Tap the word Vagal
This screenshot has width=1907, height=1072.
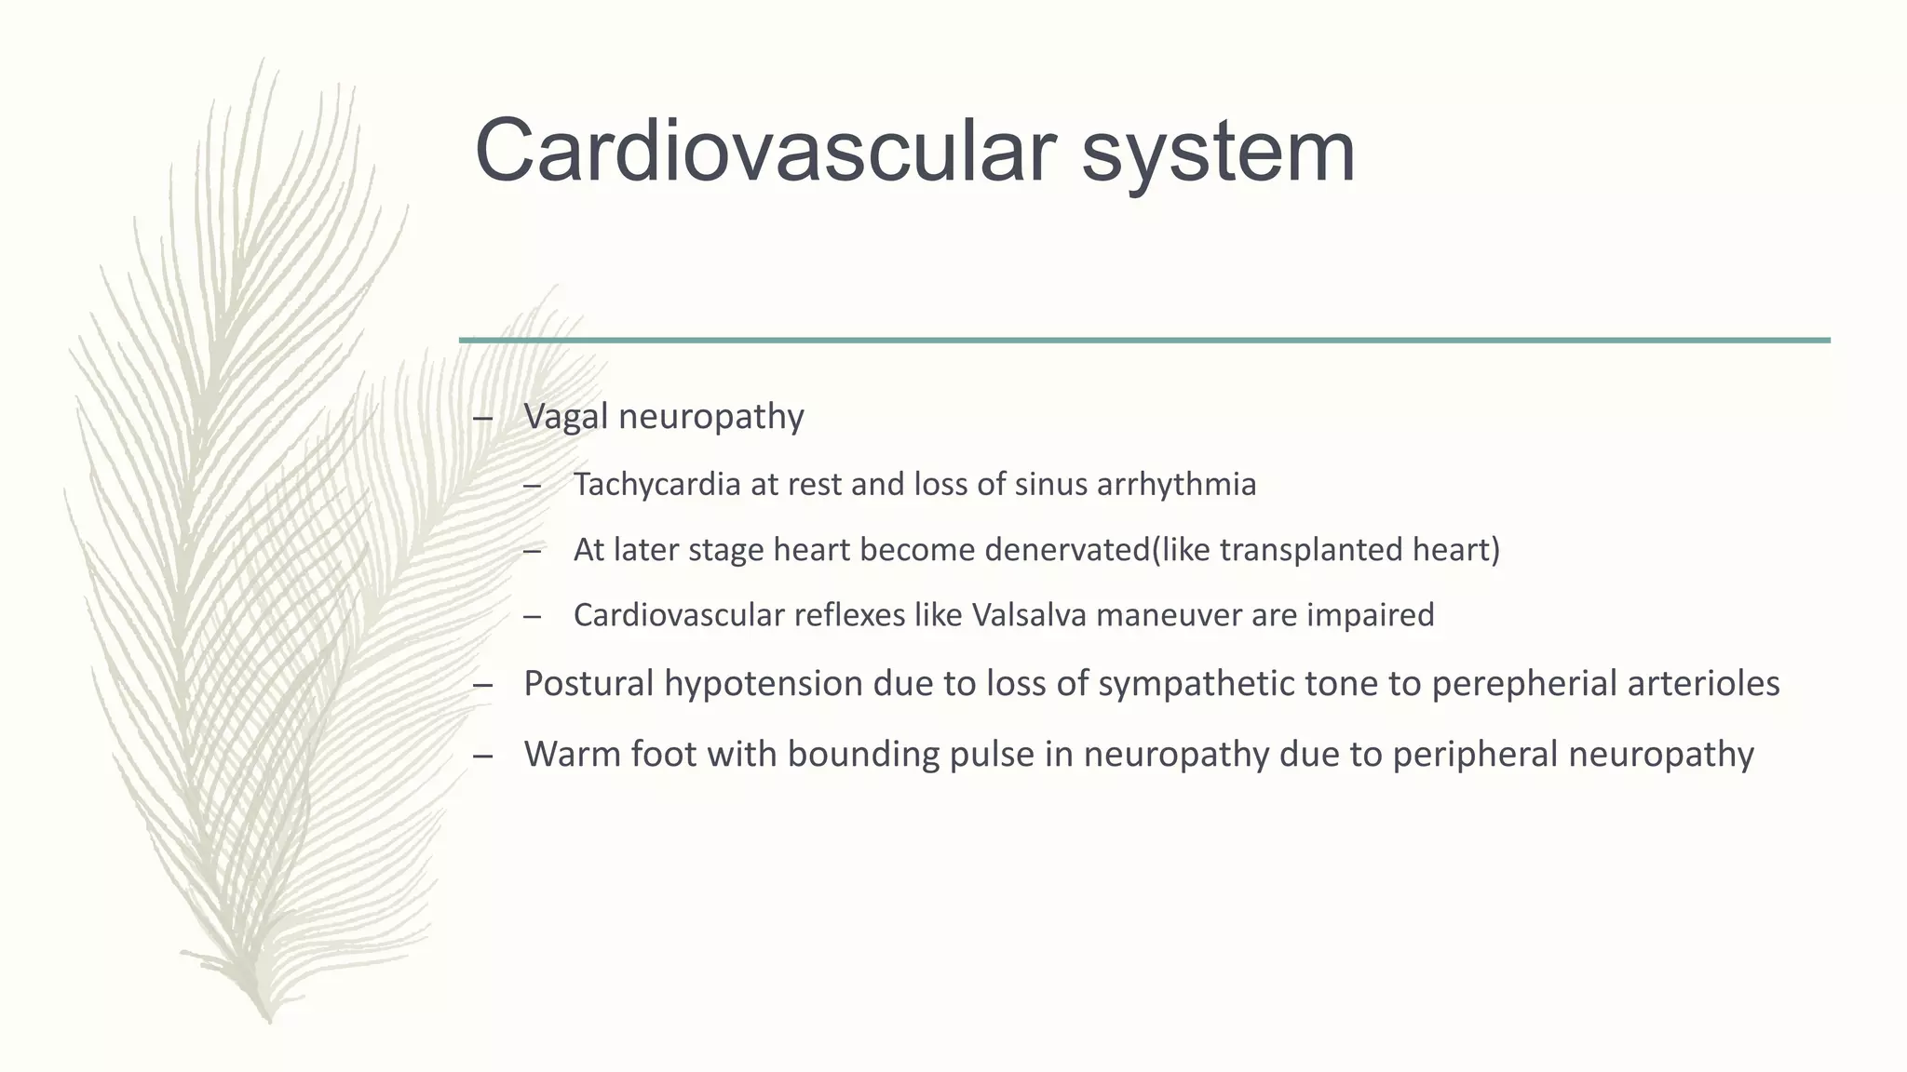(565, 416)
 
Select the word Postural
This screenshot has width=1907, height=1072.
(588, 684)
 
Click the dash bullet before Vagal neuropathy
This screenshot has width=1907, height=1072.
(482, 418)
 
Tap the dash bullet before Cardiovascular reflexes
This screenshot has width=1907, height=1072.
(532, 617)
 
